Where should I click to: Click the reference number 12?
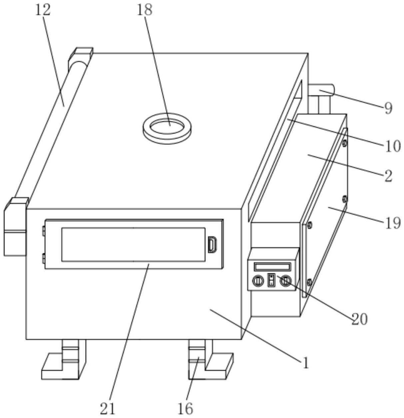pyautogui.click(x=43, y=10)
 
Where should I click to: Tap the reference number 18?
pyautogui.click(x=144, y=10)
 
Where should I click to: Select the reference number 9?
pyautogui.click(x=388, y=108)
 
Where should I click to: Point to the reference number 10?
pyautogui.click(x=393, y=146)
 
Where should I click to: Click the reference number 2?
pyautogui.click(x=388, y=176)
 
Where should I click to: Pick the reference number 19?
pyautogui.click(x=393, y=223)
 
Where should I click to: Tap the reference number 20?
pyautogui.click(x=359, y=319)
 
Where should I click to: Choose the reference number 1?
pyautogui.click(x=305, y=363)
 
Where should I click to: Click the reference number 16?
pyautogui.click(x=185, y=408)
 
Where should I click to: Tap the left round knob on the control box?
pyautogui.click(x=257, y=281)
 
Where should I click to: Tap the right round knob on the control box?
pyautogui.click(x=285, y=281)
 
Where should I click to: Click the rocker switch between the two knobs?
pyautogui.click(x=271, y=280)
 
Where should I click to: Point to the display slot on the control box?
pyautogui.click(x=272, y=267)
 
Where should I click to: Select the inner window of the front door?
pyautogui.click(x=133, y=244)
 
